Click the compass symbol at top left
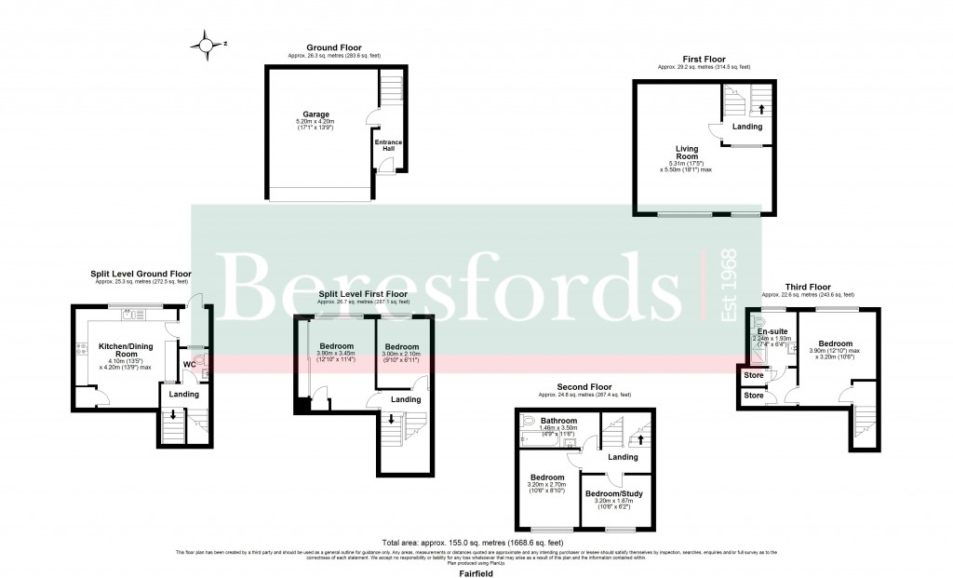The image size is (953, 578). click(x=207, y=43)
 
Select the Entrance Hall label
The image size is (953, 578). click(x=387, y=146)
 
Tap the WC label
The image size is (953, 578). click(x=190, y=364)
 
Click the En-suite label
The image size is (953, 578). click(x=772, y=331)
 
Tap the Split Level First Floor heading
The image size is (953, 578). click(x=364, y=294)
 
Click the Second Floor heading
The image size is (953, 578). click(x=584, y=386)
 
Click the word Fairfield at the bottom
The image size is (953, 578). click(x=476, y=574)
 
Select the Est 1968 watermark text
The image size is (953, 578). click(x=730, y=285)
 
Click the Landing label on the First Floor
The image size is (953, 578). click(x=746, y=127)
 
